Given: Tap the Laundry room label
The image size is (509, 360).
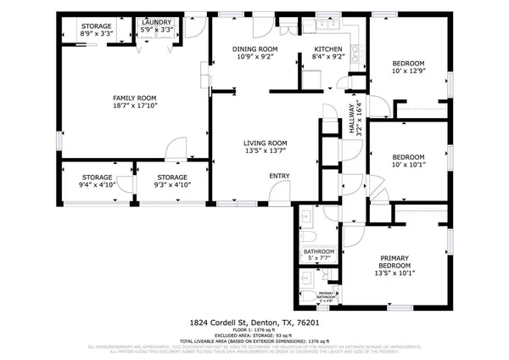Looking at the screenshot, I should (156, 23).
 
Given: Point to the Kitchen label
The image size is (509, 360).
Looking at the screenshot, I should (327, 49).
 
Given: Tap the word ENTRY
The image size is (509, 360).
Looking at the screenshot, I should (279, 176).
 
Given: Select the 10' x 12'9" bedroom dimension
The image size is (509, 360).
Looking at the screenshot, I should (409, 73).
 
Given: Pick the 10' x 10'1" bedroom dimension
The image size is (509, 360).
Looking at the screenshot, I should (409, 166).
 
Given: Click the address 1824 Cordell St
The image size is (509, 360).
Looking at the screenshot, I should (221, 323).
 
